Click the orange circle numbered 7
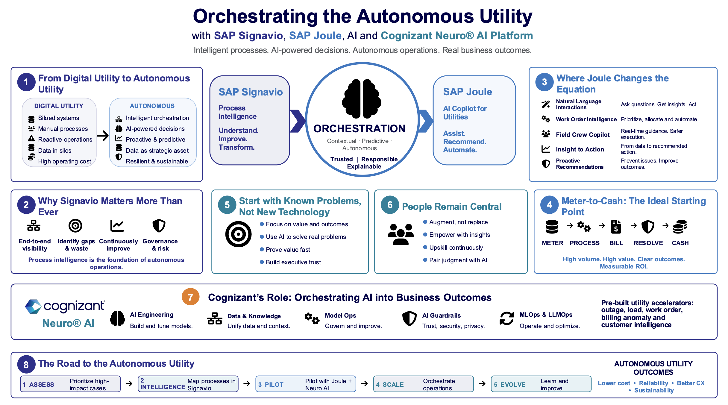pyautogui.click(x=190, y=297)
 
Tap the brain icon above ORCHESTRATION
pyautogui.click(x=362, y=99)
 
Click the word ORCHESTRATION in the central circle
pyautogui.click(x=359, y=128)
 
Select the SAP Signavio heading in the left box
pyautogui.click(x=251, y=92)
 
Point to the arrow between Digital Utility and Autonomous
pyautogui.click(x=103, y=136)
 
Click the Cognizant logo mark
pyautogui.click(x=33, y=307)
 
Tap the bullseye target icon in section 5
pyautogui.click(x=238, y=234)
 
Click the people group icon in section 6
pyautogui.click(x=401, y=234)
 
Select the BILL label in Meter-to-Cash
pyautogui.click(x=616, y=243)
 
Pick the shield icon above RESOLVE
pyautogui.click(x=648, y=227)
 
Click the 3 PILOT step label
pyautogui.click(x=271, y=385)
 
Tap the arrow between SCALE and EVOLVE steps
pyautogui.click(x=482, y=383)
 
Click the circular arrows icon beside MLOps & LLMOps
pyautogui.click(x=506, y=318)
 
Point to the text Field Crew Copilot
pyautogui.click(x=583, y=135)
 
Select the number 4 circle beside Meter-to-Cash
pyautogui.click(x=549, y=205)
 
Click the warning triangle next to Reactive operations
pyautogui.click(x=31, y=139)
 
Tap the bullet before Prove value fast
pyautogui.click(x=262, y=249)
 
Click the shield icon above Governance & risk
pyautogui.click(x=159, y=226)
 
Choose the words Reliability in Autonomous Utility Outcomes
pyautogui.click(x=653, y=383)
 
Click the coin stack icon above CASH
pyautogui.click(x=680, y=227)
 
